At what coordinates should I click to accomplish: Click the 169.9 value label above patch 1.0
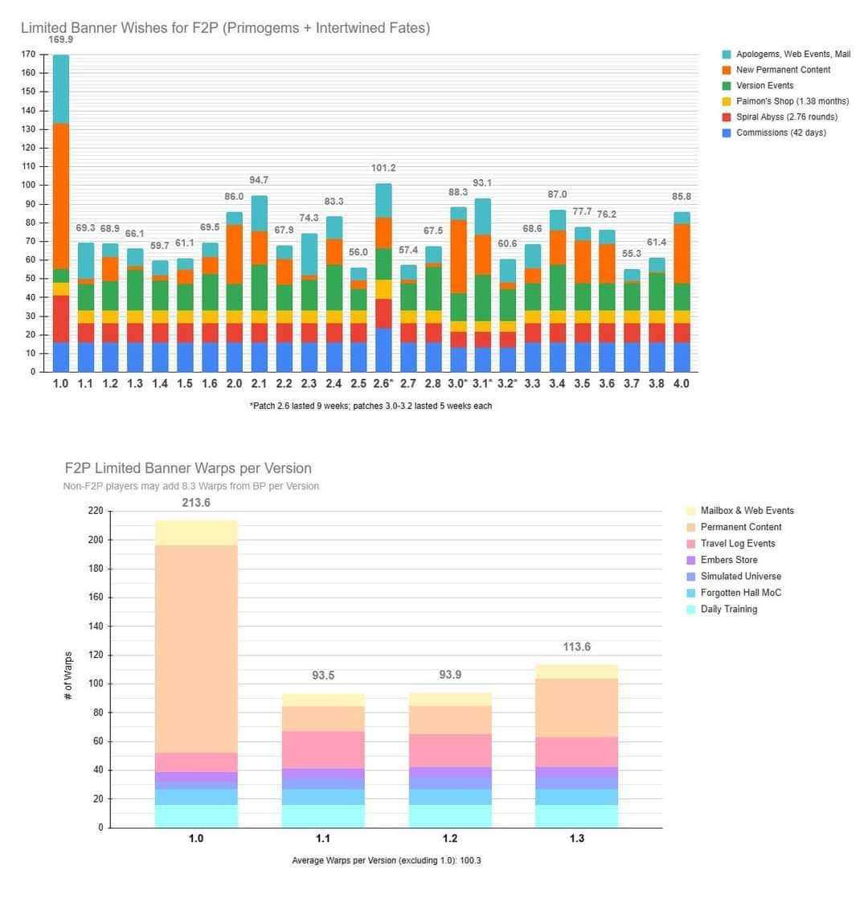click(x=60, y=39)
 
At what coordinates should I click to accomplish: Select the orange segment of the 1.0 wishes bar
click(x=60, y=196)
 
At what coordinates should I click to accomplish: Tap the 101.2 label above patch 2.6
click(x=383, y=169)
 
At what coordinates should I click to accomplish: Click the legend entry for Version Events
click(x=764, y=85)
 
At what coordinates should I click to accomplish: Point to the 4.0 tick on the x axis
click(x=681, y=384)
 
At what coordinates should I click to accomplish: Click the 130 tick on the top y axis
click(x=28, y=129)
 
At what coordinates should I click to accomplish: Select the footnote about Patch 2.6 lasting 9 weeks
click(x=371, y=406)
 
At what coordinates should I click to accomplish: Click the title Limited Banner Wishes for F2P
click(x=225, y=28)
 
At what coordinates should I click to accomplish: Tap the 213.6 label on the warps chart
click(x=196, y=503)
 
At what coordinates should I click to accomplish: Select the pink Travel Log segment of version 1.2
click(x=450, y=750)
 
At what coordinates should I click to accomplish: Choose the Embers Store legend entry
click(x=728, y=560)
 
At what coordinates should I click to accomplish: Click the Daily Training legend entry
click(x=728, y=610)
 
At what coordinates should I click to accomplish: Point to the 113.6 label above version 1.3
click(x=577, y=647)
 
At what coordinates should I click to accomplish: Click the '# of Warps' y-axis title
click(x=68, y=675)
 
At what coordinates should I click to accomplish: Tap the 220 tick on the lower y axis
click(x=96, y=511)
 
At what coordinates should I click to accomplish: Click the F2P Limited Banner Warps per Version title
click(x=188, y=468)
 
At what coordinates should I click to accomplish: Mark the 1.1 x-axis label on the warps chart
click(x=323, y=839)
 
